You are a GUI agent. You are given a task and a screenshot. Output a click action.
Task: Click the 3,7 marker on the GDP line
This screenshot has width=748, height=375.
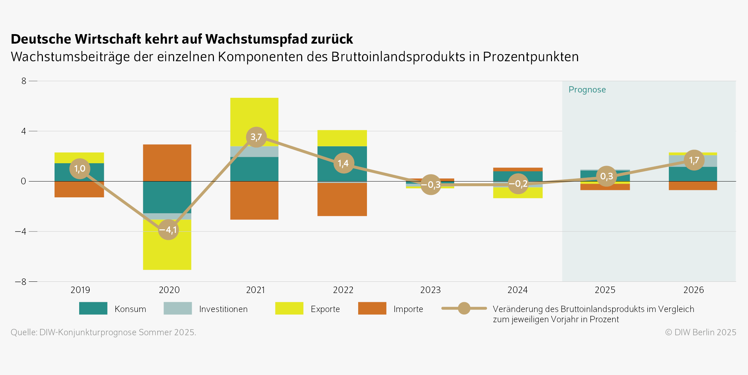[x=256, y=137]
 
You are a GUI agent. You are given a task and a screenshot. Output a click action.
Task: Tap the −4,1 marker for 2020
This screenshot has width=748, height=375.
[x=168, y=230]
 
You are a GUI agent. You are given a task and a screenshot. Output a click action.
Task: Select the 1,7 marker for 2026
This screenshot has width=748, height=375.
[x=694, y=160]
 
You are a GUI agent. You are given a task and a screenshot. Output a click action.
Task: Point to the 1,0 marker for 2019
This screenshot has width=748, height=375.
[x=80, y=169]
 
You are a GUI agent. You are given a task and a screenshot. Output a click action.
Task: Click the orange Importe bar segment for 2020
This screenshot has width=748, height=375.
[x=167, y=163]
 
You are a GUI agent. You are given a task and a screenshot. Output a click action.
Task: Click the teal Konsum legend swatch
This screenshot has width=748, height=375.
[x=93, y=309]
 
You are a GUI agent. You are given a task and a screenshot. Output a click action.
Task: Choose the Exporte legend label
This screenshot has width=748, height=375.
[x=325, y=309]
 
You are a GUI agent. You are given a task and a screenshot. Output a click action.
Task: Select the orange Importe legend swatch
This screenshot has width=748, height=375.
[x=372, y=309]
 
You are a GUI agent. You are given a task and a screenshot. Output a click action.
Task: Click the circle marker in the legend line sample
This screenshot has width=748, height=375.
[x=464, y=309]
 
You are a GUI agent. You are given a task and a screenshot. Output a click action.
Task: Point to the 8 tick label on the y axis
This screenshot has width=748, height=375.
[x=24, y=81]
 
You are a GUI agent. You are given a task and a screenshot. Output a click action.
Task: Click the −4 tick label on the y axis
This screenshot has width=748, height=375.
[x=20, y=231]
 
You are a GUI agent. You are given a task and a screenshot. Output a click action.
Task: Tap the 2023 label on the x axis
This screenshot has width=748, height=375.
[x=430, y=290]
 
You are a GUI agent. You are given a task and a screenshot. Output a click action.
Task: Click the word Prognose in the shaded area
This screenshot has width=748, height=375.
[x=587, y=90]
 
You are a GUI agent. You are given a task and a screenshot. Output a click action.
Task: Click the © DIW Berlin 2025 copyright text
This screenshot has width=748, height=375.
[x=700, y=332]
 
